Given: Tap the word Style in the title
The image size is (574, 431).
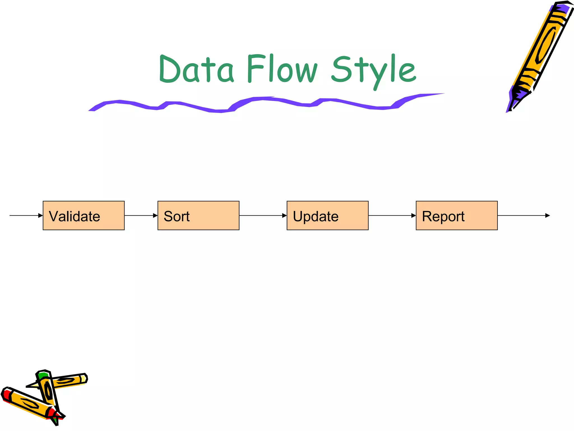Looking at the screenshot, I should point(373,70).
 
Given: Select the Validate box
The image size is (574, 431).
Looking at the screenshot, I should point(84,215).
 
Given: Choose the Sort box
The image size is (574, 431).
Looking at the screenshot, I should point(198,215).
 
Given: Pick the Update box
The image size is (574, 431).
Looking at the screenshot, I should point(327,215).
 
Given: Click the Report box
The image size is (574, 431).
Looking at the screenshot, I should point(457,215).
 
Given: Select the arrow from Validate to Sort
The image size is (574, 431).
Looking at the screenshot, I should point(141,215).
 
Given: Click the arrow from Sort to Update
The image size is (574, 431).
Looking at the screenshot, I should point(263,215).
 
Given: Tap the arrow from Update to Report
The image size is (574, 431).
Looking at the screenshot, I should point(392,215).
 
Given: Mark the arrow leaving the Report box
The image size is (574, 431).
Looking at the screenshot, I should point(524,215).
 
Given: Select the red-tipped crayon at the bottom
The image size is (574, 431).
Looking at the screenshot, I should point(28,404).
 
